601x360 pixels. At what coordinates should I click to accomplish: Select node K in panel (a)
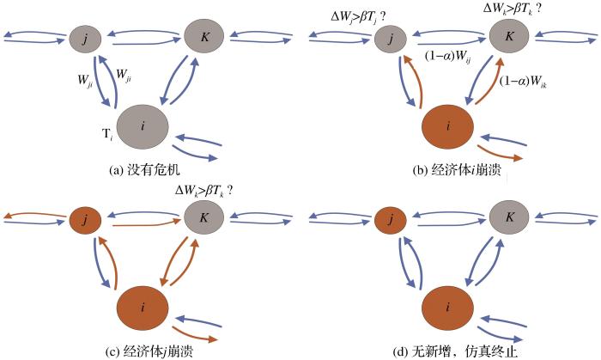point(203,38)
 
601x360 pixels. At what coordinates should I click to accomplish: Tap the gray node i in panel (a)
point(143,125)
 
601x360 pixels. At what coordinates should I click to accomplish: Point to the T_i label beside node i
point(109,136)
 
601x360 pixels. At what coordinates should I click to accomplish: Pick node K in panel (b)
point(509,38)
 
